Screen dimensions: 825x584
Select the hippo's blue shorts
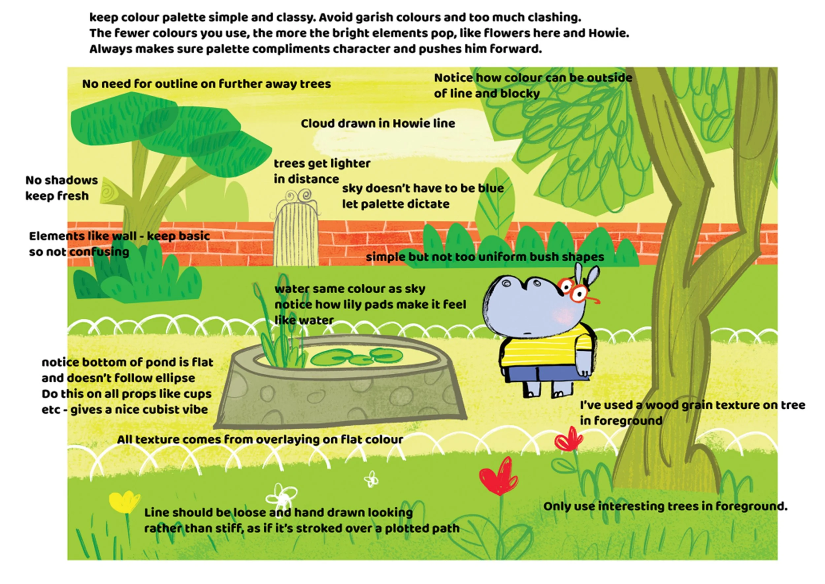pos(544,374)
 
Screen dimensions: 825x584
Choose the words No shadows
pos(62,180)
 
